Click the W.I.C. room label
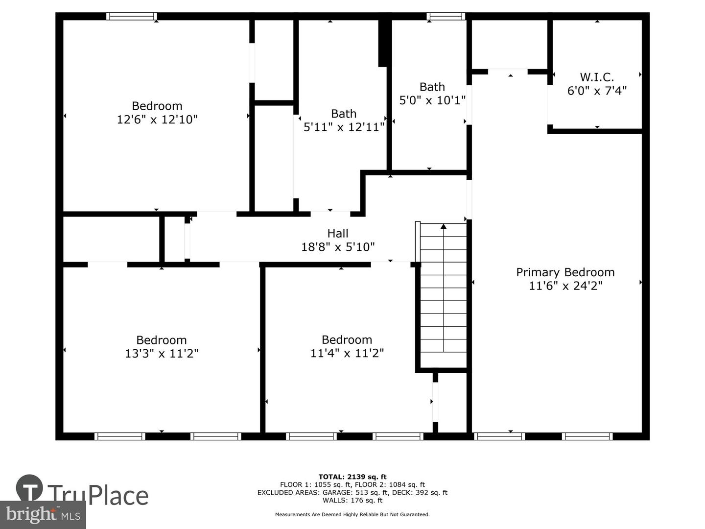point(597,77)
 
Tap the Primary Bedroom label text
point(565,272)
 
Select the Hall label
point(338,233)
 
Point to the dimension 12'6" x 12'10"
point(157,120)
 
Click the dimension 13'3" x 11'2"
point(162,353)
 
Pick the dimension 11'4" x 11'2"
point(347,353)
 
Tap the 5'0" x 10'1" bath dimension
point(432,100)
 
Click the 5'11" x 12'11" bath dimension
point(344,127)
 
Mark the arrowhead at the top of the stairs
point(444,226)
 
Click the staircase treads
point(444,295)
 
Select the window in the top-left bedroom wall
point(132,16)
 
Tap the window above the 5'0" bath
point(446,16)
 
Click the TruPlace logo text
point(98,496)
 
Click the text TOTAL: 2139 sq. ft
point(352,477)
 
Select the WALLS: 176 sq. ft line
point(352,500)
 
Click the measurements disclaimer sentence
point(352,514)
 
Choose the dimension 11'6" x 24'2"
point(565,286)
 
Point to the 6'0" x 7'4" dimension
point(597,91)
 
